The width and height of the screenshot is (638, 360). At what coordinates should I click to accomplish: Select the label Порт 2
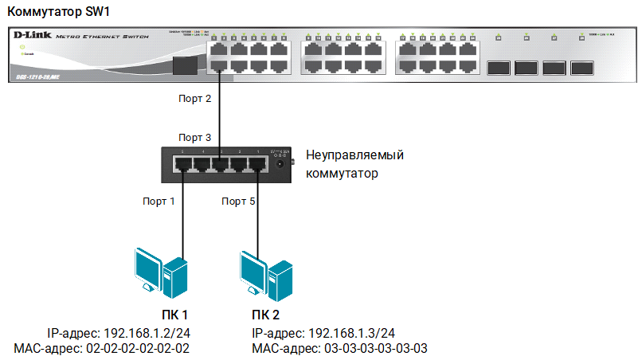[194, 100]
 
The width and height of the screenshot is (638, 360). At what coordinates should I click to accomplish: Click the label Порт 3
[194, 138]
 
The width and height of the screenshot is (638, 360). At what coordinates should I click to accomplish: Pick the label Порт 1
[159, 202]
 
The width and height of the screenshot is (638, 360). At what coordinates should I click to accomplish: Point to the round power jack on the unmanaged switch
[280, 163]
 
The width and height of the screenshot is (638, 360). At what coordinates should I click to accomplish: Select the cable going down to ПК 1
[183, 215]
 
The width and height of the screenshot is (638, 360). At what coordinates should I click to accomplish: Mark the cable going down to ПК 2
[256, 215]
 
